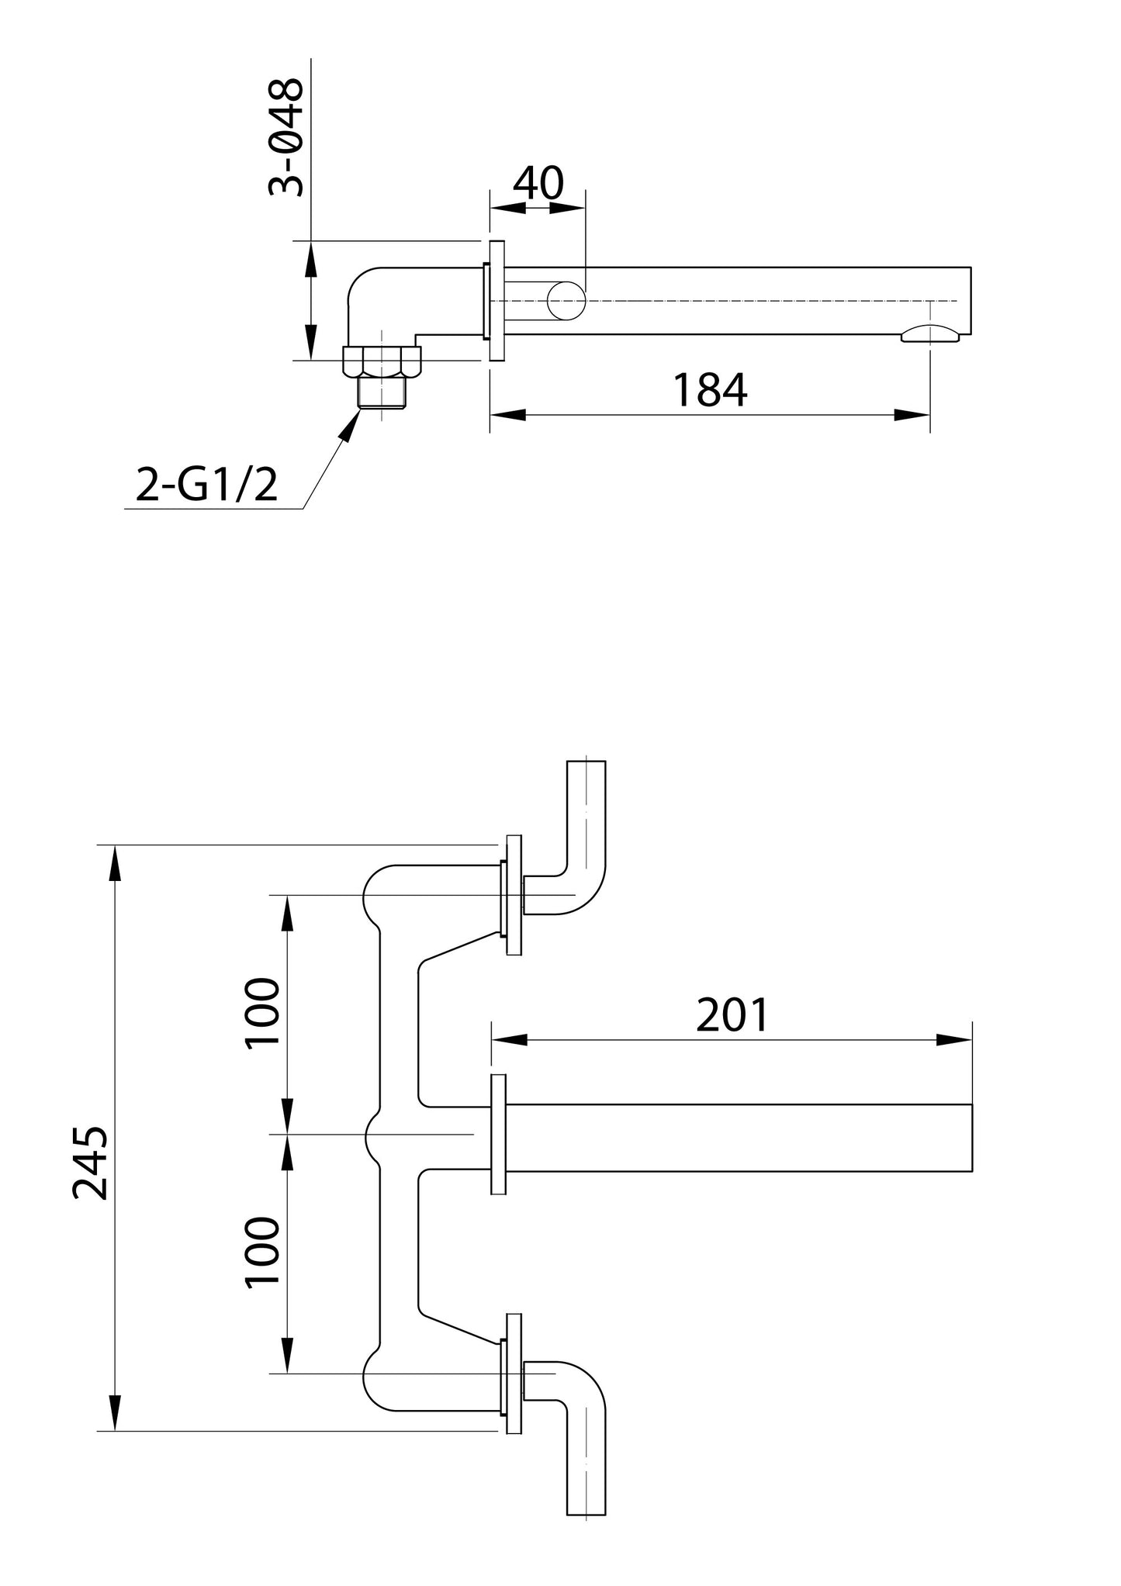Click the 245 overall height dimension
[91, 1163]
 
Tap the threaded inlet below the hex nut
[382, 392]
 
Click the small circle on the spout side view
[566, 301]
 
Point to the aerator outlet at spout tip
[930, 334]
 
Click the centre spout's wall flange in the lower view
[498, 1134]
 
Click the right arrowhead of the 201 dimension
[956, 1040]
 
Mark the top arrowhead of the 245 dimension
[115, 861]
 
